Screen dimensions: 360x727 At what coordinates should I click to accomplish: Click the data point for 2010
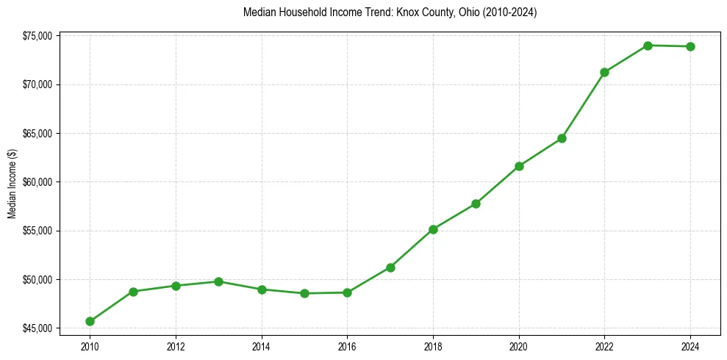click(90, 321)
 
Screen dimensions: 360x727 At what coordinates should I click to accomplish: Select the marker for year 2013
click(218, 281)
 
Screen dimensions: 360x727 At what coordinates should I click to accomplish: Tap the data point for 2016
click(347, 292)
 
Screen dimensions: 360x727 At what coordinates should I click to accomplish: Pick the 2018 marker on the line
click(433, 229)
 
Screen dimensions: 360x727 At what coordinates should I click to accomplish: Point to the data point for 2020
click(519, 166)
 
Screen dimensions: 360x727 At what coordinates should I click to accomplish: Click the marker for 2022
click(604, 72)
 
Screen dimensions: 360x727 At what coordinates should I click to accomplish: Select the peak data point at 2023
click(648, 46)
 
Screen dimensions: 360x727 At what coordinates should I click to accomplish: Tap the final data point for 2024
click(690, 46)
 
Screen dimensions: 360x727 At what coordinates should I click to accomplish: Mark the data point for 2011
click(133, 292)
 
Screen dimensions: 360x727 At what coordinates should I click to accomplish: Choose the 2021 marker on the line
click(562, 138)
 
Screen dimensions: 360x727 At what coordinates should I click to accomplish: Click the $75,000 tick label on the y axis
click(37, 36)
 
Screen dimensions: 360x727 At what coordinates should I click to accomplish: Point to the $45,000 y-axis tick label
click(37, 328)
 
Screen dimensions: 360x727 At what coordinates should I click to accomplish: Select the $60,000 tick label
click(37, 182)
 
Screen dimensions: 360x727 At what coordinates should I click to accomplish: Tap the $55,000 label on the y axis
click(37, 231)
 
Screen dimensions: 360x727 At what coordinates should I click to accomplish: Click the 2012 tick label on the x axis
click(176, 346)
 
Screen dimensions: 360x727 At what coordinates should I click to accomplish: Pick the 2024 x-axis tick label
click(690, 346)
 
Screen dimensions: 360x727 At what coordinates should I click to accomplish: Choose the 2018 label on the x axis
click(433, 346)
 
